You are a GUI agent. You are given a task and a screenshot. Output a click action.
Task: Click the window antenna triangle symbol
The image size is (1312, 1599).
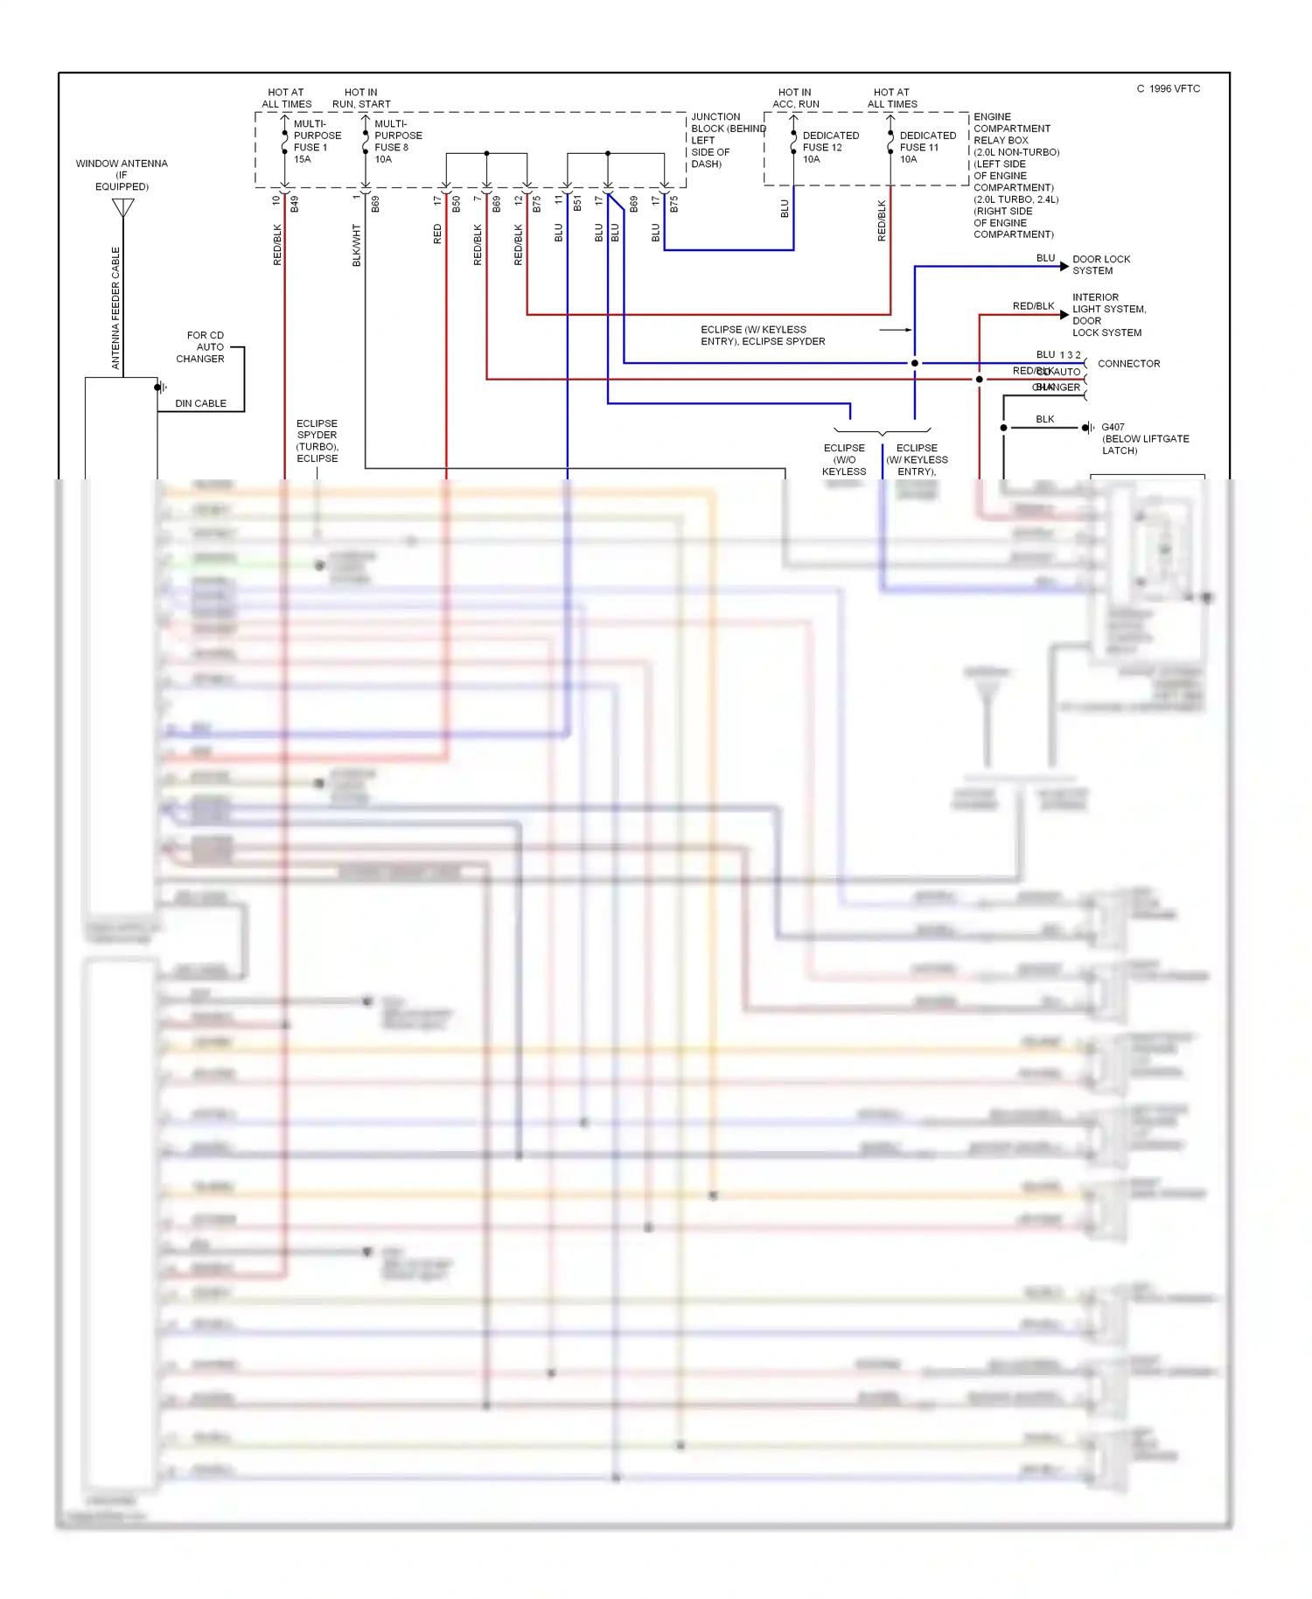[123, 207]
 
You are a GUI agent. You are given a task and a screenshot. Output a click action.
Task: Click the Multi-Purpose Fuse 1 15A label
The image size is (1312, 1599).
[317, 142]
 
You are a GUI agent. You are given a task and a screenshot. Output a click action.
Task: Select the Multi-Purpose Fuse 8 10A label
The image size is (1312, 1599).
[397, 142]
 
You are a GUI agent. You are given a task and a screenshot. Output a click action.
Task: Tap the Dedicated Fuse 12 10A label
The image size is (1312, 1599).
[830, 147]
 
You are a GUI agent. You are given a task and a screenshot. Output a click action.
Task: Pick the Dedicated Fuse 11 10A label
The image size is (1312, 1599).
[927, 147]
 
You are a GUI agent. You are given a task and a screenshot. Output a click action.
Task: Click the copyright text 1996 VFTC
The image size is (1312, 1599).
[1169, 89]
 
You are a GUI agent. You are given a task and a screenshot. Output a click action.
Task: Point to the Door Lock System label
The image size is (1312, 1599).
[1100, 265]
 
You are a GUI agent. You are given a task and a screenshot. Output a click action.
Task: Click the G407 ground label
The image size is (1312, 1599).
[1144, 438]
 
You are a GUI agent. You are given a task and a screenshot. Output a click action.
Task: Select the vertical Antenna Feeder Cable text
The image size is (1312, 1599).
[115, 308]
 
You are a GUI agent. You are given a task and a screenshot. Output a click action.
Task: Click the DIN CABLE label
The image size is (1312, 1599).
[200, 403]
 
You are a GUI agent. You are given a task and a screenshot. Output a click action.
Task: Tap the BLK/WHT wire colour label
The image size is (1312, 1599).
[357, 245]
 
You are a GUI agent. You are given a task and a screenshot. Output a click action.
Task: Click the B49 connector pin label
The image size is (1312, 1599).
[295, 204]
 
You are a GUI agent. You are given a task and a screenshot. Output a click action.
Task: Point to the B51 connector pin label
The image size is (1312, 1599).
[577, 204]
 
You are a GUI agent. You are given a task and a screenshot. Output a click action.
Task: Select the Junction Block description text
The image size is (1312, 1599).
[726, 140]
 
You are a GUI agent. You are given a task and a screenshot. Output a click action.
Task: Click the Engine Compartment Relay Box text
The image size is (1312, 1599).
[1015, 175]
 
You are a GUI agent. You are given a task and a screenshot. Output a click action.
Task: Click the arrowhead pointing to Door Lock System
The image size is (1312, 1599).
[1064, 266]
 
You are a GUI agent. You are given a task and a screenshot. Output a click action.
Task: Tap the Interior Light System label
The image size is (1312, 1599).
[1107, 315]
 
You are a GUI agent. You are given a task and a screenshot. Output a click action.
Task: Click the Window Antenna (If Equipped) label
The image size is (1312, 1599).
[122, 175]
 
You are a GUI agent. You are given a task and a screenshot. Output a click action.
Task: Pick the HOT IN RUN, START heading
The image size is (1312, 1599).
[361, 98]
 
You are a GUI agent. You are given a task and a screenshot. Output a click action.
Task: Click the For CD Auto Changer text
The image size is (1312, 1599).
[201, 347]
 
